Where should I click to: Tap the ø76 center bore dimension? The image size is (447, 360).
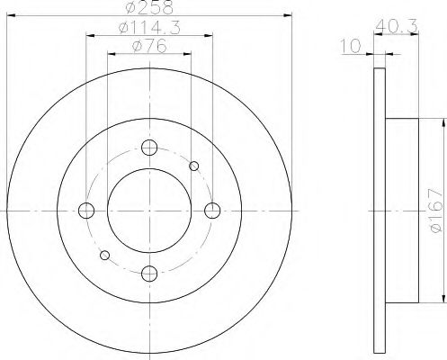(149, 46)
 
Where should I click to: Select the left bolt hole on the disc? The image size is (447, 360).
(87, 211)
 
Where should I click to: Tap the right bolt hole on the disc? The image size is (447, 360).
(212, 211)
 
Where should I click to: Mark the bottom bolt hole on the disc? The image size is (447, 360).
(150, 273)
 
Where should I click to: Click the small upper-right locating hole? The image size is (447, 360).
(194, 166)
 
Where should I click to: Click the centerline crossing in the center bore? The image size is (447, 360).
(150, 211)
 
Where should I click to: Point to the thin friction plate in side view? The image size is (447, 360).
(377, 210)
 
